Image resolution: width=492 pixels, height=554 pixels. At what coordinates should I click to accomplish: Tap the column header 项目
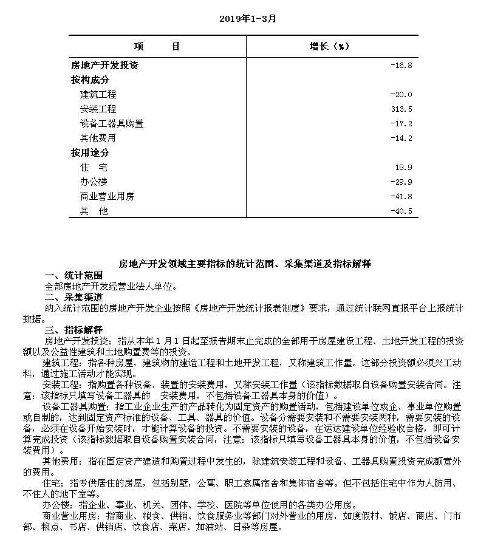pos(157,47)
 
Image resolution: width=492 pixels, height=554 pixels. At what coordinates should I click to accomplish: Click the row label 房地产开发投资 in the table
pos(104,66)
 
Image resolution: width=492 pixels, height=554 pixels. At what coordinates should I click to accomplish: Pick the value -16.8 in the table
pos(401,66)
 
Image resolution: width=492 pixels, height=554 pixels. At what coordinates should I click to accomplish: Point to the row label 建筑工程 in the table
pos(98,95)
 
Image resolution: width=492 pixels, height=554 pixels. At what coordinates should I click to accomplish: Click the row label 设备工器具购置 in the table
pos(112,124)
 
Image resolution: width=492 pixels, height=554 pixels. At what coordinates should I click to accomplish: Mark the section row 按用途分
pos(91,153)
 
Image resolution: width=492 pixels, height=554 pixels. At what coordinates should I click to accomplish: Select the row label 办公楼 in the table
pos(94,182)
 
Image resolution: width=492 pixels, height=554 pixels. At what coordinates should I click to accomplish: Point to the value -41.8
pos(401,197)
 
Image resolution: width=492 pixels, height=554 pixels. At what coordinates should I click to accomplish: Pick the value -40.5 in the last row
pos(401,211)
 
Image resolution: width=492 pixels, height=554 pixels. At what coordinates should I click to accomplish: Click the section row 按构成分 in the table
pos(91,80)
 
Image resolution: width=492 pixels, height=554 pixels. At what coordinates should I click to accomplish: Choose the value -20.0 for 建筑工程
pos(401,95)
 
